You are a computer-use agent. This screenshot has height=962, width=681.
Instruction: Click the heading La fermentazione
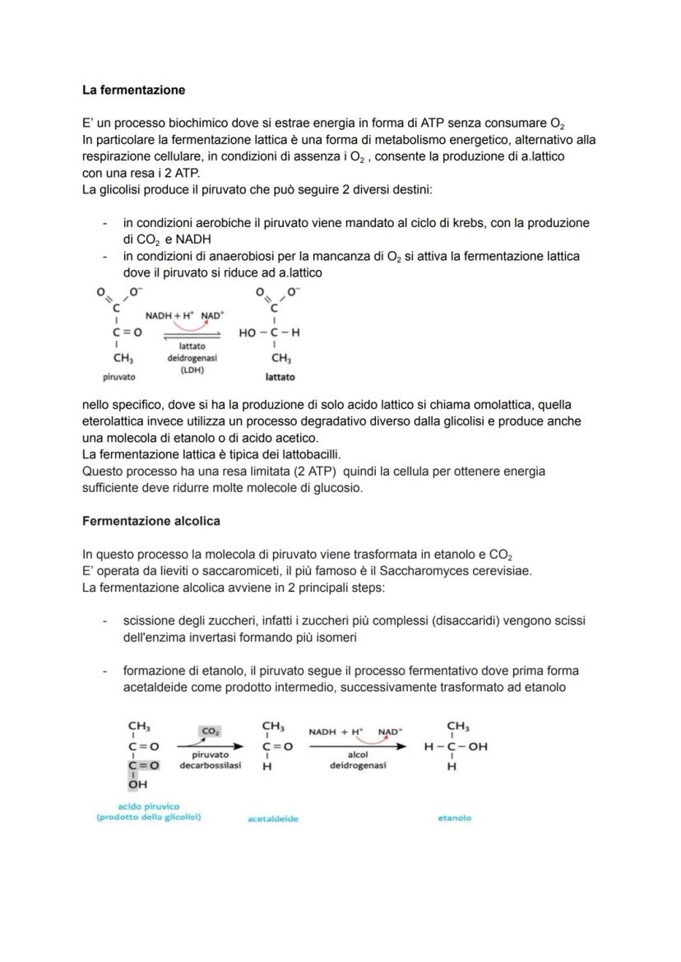pyautogui.click(x=134, y=90)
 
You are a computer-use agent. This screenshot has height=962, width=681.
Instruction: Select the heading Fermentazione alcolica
pyautogui.click(x=151, y=521)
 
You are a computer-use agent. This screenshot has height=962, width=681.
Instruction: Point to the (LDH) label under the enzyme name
pyautogui.click(x=186, y=369)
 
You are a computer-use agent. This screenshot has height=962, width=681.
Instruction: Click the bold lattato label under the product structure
pyautogui.click(x=280, y=377)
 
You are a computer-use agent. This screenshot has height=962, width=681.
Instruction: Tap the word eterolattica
pyautogui.click(x=116, y=421)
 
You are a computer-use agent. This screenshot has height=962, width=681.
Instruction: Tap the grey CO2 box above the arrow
pyautogui.click(x=210, y=730)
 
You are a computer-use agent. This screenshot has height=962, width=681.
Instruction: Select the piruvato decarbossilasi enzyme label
pyautogui.click(x=211, y=759)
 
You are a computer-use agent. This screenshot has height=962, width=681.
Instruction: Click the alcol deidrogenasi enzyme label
pyautogui.click(x=357, y=759)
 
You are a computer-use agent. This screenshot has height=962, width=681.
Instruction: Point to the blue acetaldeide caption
pyautogui.click(x=272, y=819)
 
